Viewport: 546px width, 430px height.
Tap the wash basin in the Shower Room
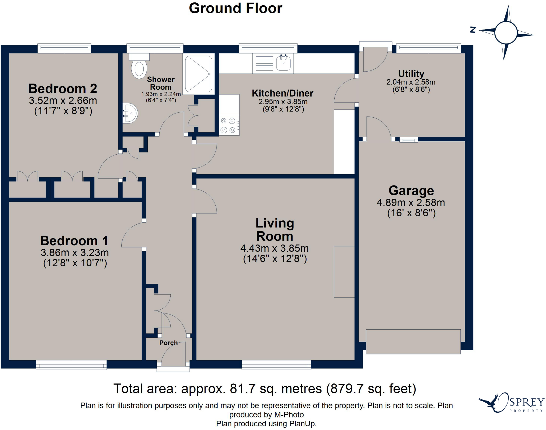tap(130, 113)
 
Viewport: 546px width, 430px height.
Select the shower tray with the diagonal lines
tap(199, 74)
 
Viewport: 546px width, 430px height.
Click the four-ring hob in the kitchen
tap(229, 125)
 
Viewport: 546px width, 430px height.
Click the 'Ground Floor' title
tap(236, 8)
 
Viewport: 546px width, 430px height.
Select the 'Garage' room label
tap(411, 191)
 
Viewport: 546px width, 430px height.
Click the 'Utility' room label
tap(411, 73)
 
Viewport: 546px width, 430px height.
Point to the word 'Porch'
tap(168, 343)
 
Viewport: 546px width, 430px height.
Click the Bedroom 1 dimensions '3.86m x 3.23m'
tap(75, 252)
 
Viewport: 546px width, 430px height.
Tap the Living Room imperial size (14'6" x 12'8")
tap(275, 259)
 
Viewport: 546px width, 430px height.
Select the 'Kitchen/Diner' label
tap(283, 93)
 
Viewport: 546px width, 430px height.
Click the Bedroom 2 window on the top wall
tap(64, 48)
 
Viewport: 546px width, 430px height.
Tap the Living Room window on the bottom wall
tap(276, 365)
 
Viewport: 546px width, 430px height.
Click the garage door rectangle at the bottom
tap(413, 342)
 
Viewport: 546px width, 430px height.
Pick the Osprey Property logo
tap(511, 403)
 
